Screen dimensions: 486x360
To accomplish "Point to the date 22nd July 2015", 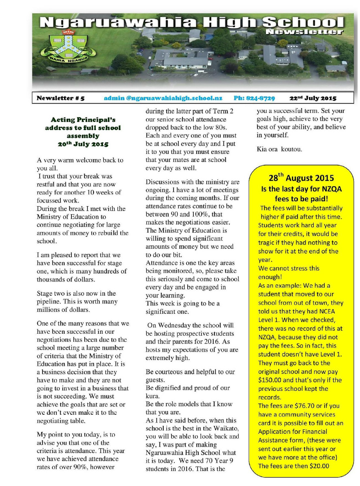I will coord(313,98).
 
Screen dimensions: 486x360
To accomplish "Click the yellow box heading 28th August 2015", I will coord(301,177).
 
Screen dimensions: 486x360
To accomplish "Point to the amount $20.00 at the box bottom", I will coord(316,465).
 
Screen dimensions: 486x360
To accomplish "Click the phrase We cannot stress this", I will coord(289,268).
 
